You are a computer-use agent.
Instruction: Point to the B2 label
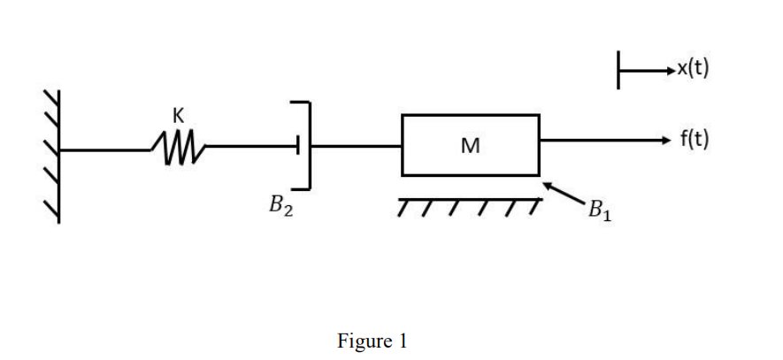coord(281,208)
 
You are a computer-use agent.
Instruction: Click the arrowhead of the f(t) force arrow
coord(665,140)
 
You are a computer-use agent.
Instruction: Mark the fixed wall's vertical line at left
coord(60,155)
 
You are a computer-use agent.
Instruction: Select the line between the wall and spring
coord(106,149)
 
